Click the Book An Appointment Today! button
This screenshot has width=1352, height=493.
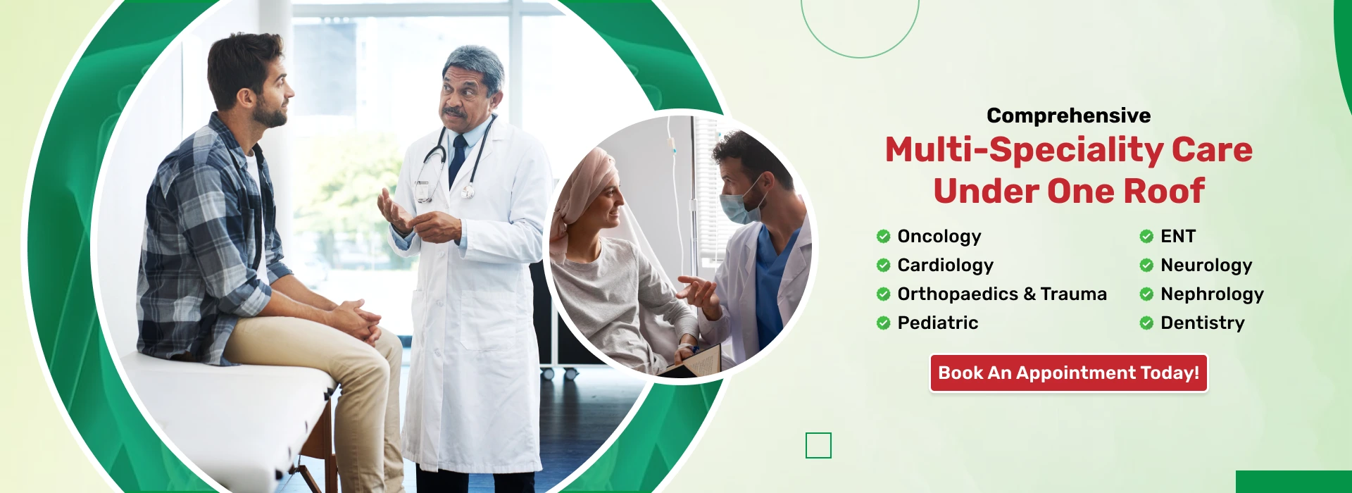(1068, 373)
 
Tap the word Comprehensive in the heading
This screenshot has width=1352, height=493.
(1068, 116)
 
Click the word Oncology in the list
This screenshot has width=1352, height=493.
(939, 237)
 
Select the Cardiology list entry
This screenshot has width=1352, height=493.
(945, 266)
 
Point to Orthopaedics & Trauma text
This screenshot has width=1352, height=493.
(1002, 294)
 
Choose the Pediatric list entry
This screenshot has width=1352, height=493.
(938, 323)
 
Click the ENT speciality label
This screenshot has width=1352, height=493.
(1178, 236)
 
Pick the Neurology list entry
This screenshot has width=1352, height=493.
(1206, 266)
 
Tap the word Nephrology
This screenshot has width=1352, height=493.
(1212, 294)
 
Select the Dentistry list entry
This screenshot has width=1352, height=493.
(1203, 323)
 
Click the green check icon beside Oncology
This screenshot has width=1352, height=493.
(883, 236)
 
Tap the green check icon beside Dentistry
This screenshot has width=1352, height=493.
(1146, 323)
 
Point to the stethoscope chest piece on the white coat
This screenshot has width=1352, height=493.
(467, 191)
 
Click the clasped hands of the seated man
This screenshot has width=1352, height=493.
(356, 318)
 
